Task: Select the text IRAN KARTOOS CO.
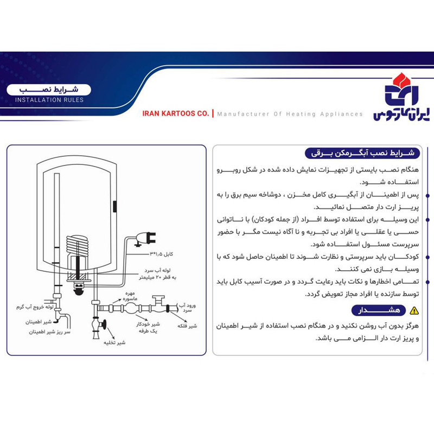[x=175, y=114]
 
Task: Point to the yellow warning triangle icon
[x=414, y=310]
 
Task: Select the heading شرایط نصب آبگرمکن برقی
[x=360, y=153]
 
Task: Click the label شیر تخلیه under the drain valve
[x=106, y=343]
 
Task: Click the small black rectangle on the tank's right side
[x=116, y=207]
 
